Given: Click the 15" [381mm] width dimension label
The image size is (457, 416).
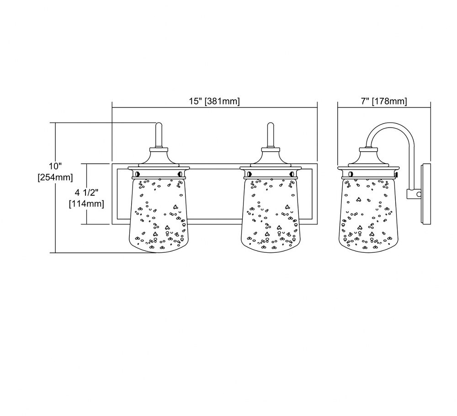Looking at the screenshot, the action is click(214, 101).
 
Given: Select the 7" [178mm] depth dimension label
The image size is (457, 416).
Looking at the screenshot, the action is click(384, 101).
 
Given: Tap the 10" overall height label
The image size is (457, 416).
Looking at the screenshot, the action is click(55, 166).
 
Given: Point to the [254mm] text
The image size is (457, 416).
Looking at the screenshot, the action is click(55, 177).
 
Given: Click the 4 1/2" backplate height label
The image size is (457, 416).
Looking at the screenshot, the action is click(86, 193).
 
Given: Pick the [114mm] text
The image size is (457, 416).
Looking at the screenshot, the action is click(86, 203).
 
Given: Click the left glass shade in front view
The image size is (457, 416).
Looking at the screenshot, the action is click(159, 215).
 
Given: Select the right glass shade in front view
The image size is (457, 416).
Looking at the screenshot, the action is click(271, 215).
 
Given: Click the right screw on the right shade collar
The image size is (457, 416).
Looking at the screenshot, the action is click(292, 174).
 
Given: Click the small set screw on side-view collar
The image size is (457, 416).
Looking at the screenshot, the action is click(396, 174).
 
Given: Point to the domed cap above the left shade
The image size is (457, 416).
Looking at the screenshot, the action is click(159, 157).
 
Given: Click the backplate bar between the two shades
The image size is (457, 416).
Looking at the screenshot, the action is click(215, 166).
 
